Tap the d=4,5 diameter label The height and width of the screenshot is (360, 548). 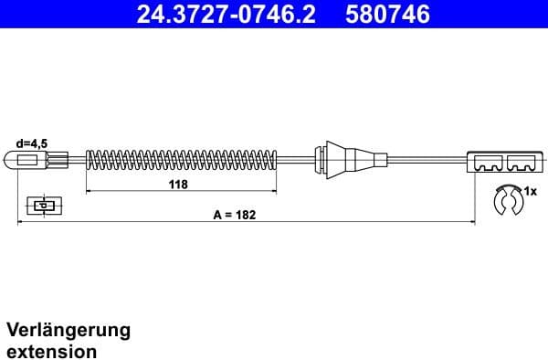click(32, 143)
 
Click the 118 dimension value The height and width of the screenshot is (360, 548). click(179, 185)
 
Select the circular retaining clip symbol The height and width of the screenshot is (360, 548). click(505, 201)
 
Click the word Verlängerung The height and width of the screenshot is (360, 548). click(68, 330)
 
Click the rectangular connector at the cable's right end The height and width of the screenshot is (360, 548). click(503, 163)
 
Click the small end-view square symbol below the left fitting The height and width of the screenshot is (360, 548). click(40, 206)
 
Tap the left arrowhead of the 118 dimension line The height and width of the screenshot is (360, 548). click(90, 193)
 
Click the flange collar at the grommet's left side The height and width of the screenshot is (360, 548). click(319, 162)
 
